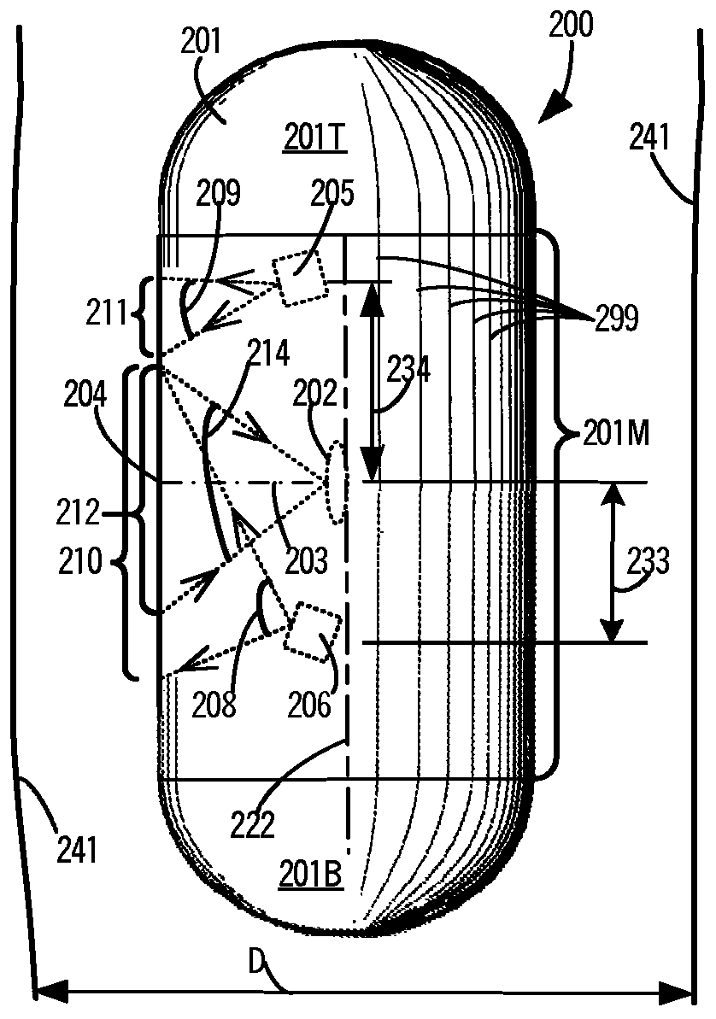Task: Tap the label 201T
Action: point(314,138)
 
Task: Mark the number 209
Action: point(220,196)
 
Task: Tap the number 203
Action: point(306,561)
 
